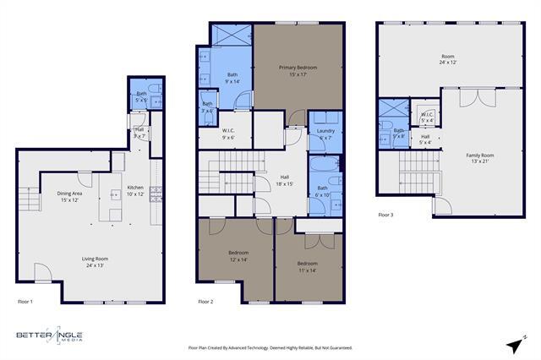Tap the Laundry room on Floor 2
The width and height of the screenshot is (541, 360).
tap(325, 134)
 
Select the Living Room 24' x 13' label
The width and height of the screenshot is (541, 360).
tap(95, 262)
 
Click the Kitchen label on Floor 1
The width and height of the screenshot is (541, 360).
tap(136, 190)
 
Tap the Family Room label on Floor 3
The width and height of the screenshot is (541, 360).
tap(480, 159)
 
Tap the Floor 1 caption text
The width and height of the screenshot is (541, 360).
tap(25, 301)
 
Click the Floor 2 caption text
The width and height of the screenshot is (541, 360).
tap(205, 301)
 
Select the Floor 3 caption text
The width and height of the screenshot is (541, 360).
tap(386, 215)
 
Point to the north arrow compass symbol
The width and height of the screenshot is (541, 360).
tap(512, 344)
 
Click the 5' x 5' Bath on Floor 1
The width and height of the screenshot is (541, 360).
tap(141, 97)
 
